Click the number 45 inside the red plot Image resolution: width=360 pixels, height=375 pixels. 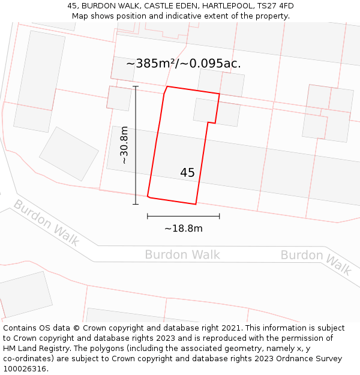[x=187, y=173]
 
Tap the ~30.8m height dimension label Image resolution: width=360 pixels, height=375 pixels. [x=124, y=145]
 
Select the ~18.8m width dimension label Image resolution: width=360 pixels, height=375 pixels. [x=183, y=228]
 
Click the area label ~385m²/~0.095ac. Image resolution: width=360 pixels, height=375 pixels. [x=184, y=64]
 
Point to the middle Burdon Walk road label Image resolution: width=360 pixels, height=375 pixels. [x=182, y=255]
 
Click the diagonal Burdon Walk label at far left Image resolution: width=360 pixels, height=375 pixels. [x=46, y=223]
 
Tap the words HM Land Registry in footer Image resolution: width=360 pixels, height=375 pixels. [x=34, y=349]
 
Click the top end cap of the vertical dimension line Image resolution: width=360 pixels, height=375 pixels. [x=136, y=86]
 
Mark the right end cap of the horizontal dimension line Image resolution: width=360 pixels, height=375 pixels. [x=219, y=216]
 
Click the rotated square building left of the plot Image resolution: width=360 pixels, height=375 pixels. [x=69, y=154]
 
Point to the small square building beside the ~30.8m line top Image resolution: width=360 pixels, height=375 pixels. [x=119, y=98]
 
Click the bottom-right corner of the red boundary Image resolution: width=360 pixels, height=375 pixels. [x=196, y=204]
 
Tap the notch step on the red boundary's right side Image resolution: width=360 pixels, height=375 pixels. [x=211, y=123]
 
